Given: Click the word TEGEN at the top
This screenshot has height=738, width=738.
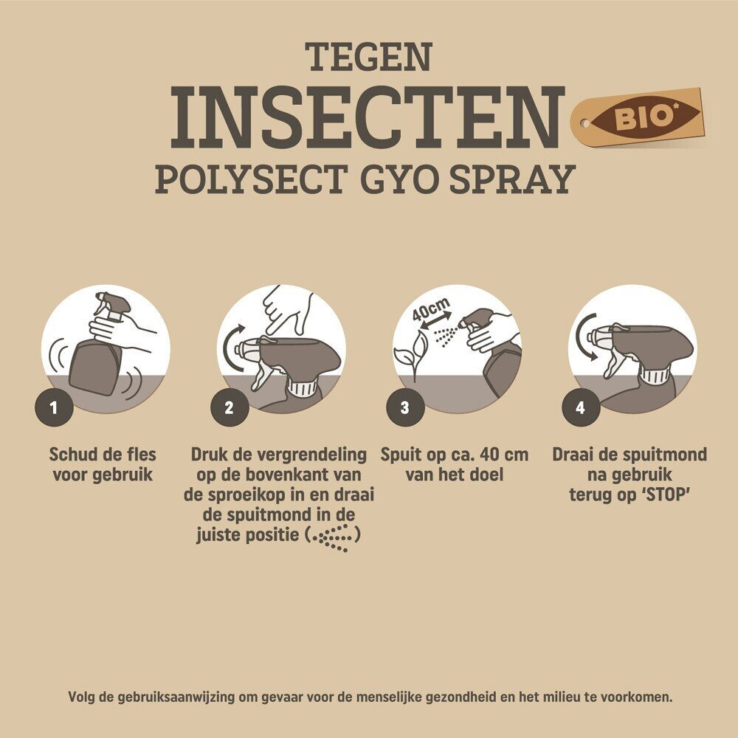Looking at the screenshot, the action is [368, 57].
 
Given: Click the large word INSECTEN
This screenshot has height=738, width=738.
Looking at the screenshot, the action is [368, 117].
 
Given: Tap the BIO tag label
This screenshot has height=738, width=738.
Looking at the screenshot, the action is [638, 117].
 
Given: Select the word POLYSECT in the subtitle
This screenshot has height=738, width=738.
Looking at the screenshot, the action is [252, 179].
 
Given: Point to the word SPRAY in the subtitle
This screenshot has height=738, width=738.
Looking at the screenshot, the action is [513, 179].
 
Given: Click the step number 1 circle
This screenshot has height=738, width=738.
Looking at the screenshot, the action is [54, 407].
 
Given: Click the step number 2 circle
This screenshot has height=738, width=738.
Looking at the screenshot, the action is [230, 407].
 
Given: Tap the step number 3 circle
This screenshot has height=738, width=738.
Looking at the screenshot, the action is [405, 407].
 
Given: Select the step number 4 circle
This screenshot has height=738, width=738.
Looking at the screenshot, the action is [581, 407].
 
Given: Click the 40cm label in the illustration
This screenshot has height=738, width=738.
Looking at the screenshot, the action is [431, 308].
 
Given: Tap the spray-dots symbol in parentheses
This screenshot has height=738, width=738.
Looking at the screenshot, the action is [334, 537].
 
